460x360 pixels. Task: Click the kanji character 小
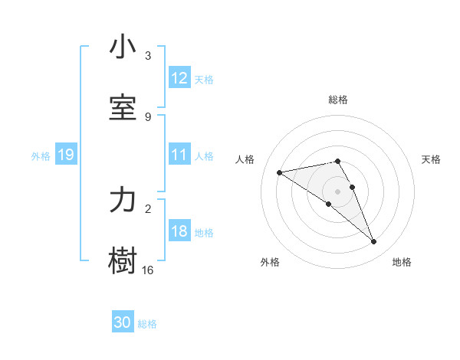[x=123, y=47]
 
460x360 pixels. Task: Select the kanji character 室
[x=123, y=108]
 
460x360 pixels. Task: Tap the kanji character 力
[x=123, y=200]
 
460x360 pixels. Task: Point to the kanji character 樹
[x=123, y=261]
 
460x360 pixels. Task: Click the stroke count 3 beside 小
[x=148, y=56]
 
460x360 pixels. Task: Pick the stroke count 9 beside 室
[x=148, y=117]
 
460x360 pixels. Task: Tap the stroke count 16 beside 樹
[x=148, y=270]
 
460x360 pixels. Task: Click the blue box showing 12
[x=179, y=78]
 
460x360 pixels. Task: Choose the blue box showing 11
[x=179, y=155]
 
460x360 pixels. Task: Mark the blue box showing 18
[x=179, y=231]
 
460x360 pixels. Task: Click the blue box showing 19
[x=65, y=155]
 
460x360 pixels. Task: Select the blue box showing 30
[x=123, y=322]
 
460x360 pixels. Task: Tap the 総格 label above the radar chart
[x=338, y=100]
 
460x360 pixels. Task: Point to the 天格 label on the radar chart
[x=431, y=159]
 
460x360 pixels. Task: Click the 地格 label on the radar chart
[x=402, y=262]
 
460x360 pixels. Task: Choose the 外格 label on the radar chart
[x=270, y=262]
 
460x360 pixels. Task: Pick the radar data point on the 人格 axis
[x=280, y=172]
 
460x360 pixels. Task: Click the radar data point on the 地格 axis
[x=374, y=242]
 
